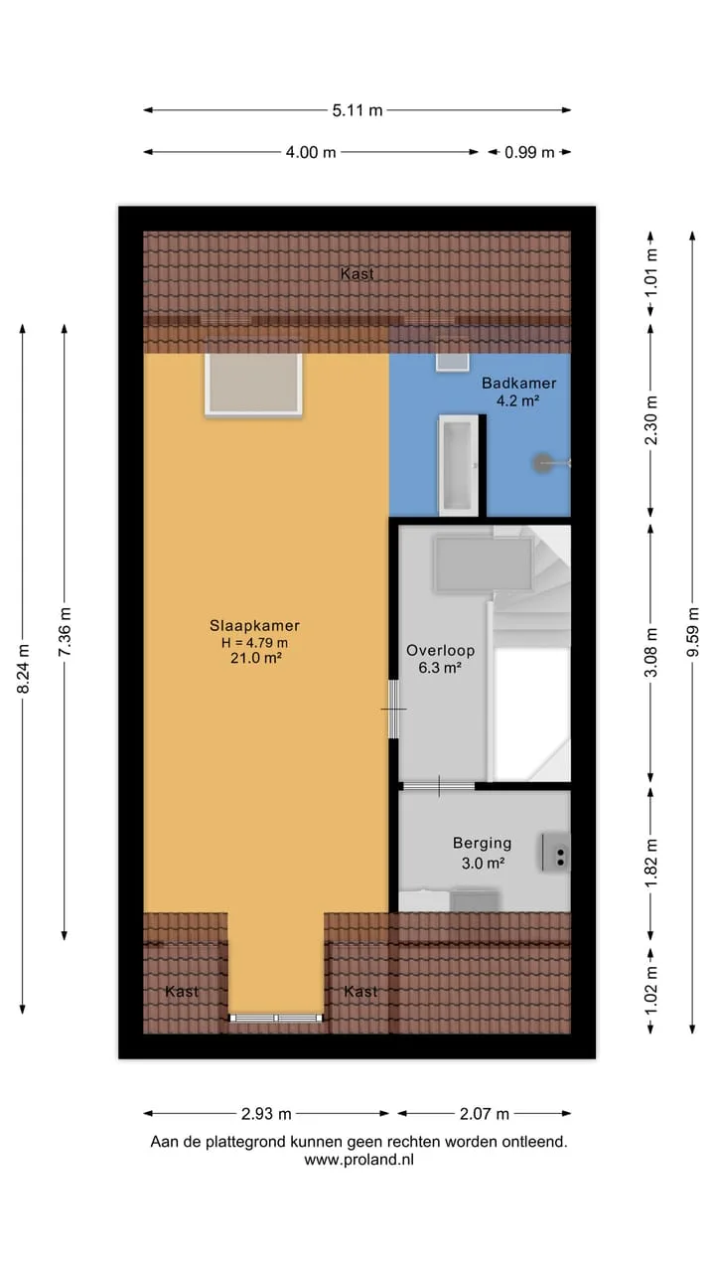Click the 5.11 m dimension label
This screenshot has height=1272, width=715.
pyautogui.click(x=357, y=110)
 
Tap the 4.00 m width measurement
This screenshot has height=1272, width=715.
pyautogui.click(x=311, y=152)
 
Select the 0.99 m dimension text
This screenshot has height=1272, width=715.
pyautogui.click(x=529, y=152)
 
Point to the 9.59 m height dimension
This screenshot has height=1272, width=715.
pyautogui.click(x=692, y=632)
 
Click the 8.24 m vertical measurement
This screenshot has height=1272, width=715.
pyautogui.click(x=23, y=669)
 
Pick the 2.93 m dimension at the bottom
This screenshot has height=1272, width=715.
pyautogui.click(x=266, y=1114)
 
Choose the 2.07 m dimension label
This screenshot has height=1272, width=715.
pyautogui.click(x=484, y=1114)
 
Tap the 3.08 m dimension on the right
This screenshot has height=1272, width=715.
pyautogui.click(x=650, y=653)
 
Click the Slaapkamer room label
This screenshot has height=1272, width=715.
pyautogui.click(x=255, y=625)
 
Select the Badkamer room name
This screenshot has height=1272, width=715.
pyautogui.click(x=518, y=383)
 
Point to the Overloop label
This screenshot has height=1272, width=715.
pyautogui.click(x=440, y=650)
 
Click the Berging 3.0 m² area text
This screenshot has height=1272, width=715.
pyautogui.click(x=483, y=853)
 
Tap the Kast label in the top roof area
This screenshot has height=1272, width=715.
pyautogui.click(x=357, y=273)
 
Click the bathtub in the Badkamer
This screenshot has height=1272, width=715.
pyautogui.click(x=459, y=465)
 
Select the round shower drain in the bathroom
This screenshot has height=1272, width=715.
pyautogui.click(x=543, y=463)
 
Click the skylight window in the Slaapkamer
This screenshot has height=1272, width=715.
pyautogui.click(x=253, y=385)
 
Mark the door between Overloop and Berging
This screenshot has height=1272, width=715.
pyautogui.click(x=439, y=786)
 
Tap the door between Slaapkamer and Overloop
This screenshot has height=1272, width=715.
pyautogui.click(x=393, y=710)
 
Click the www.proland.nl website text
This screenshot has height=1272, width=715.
pyautogui.click(x=358, y=1160)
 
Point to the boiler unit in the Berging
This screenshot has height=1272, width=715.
pyautogui.click(x=555, y=852)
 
